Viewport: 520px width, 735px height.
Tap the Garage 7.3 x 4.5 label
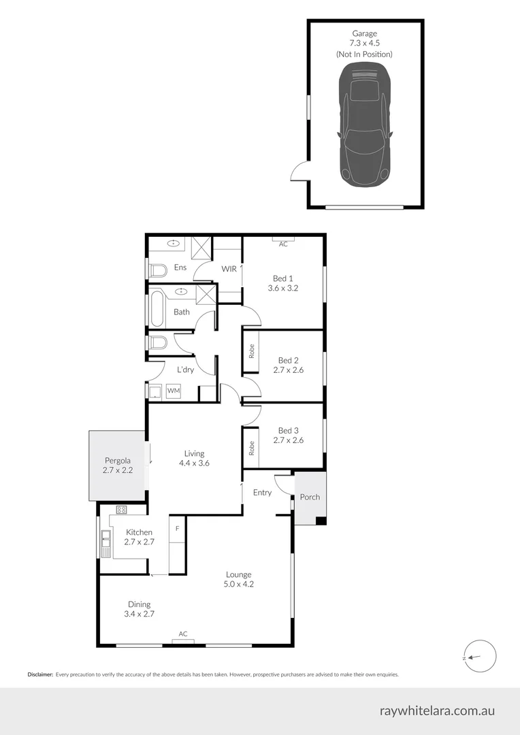point(364,43)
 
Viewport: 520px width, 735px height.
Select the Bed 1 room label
point(283,283)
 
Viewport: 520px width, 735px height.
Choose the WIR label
point(229,269)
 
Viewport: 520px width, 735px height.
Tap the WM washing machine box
point(174,391)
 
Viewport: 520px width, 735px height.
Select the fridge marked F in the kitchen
point(177,527)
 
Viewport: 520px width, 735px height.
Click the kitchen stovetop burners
point(122,510)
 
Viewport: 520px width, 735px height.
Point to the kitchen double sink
point(105,542)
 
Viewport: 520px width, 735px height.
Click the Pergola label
point(117,465)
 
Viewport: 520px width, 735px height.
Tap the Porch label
point(310,497)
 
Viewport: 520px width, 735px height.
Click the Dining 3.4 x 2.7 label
point(139,608)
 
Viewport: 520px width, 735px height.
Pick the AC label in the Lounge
point(183,634)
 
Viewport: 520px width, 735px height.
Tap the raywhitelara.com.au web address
point(437,711)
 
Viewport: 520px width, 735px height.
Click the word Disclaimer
point(40,674)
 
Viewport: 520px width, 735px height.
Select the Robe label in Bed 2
point(251,351)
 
